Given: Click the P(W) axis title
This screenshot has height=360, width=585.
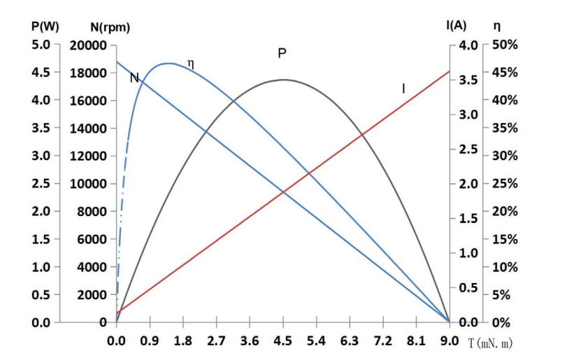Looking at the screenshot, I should [45, 27].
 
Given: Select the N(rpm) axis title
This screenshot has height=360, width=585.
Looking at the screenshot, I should [110, 27].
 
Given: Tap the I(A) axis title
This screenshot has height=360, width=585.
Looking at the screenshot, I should [456, 26].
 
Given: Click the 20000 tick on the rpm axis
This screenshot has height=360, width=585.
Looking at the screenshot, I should [88, 45].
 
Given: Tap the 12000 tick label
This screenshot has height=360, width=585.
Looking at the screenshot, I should [88, 156].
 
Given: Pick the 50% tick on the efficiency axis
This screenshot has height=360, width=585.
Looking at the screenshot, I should [505, 45].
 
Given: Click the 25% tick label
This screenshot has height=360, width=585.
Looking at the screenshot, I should [505, 184].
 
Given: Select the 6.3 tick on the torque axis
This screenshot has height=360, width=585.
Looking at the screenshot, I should [349, 342].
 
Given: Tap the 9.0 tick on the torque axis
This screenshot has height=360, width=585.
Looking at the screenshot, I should [449, 342].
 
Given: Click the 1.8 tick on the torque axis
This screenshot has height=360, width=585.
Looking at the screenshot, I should [183, 342].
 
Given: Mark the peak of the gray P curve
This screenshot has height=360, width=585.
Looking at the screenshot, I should [283, 80].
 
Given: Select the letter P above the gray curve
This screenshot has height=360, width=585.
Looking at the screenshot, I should [282, 53].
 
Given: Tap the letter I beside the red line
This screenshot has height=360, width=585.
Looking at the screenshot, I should [403, 88].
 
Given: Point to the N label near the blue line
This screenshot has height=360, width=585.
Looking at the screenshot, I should [134, 78].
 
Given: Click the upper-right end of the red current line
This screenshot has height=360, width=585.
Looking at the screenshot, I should [449, 71].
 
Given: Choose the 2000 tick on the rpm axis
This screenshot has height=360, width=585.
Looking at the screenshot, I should [91, 295].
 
